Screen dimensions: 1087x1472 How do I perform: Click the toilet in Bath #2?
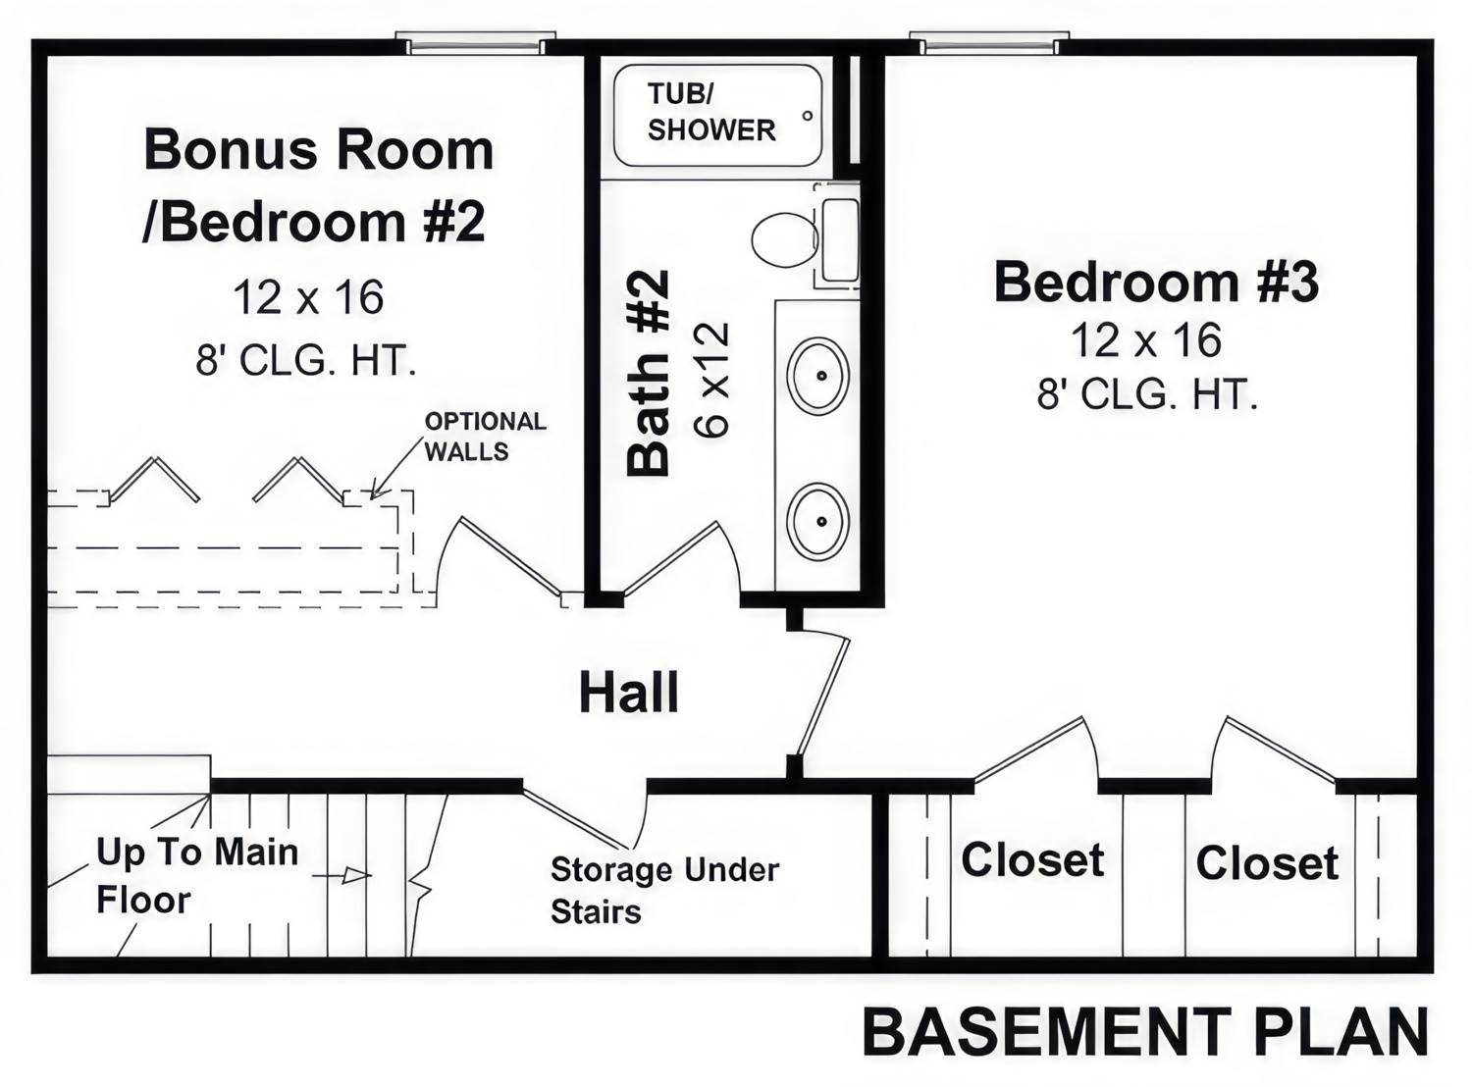785,238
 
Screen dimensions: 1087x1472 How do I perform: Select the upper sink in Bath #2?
818,376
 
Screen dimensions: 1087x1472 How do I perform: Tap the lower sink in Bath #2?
818,521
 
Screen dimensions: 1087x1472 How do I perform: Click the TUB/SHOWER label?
710,112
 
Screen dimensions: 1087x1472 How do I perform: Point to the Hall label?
628,693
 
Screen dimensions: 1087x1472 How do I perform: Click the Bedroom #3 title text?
1156,282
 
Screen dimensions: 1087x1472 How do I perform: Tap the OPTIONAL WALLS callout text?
484,437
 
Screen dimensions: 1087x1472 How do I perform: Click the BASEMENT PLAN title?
1145,1032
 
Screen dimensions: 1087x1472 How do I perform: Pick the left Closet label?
1032,860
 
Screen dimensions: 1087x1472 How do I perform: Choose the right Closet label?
1267,863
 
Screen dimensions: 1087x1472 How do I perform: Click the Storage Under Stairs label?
664,890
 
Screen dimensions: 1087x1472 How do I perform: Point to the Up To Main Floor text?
196,875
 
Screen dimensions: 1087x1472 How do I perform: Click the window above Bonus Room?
475,44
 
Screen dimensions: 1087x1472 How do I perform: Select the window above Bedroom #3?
988,44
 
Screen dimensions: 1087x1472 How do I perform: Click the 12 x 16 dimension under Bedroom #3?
1145,341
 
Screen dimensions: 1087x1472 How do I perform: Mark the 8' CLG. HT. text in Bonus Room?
306,361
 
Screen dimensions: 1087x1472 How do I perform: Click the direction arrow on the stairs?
355,875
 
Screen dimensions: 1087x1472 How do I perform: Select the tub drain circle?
808,116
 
